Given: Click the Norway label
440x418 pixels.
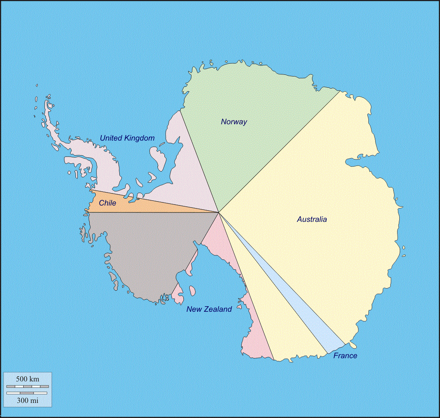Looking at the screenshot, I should (x=234, y=122).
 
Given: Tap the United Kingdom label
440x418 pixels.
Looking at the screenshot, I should (x=127, y=138).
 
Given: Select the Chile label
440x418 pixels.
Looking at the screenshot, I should (x=107, y=203).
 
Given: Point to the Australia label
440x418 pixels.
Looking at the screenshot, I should (x=312, y=219).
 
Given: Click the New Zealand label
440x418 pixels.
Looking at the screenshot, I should (x=209, y=309).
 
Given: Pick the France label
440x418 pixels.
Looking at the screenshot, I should (x=345, y=356).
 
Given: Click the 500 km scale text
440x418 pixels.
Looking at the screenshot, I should (x=27, y=379).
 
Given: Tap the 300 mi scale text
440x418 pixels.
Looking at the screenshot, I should (x=27, y=400).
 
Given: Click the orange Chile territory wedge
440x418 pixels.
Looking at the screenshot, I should (x=142, y=206).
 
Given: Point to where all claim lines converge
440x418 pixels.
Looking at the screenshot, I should (x=219, y=212).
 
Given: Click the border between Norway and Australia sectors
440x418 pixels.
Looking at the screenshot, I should (x=279, y=152).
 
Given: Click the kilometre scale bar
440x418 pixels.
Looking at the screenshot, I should (x=27, y=386).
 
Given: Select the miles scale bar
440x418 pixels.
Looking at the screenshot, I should (x=27, y=393).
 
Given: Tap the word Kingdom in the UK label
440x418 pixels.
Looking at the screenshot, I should (x=139, y=138).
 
